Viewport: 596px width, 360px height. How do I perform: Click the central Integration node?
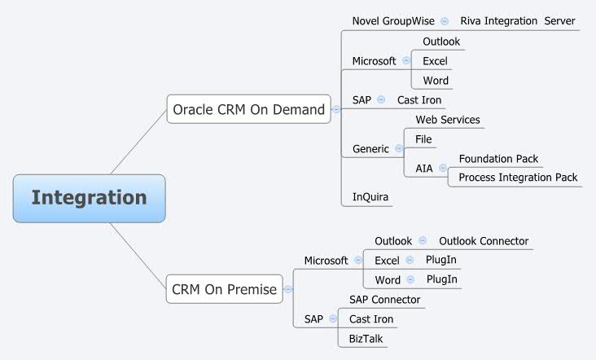(x=89, y=198)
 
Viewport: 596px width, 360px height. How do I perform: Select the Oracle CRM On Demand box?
(x=248, y=109)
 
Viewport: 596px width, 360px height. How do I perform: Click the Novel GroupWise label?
(x=393, y=20)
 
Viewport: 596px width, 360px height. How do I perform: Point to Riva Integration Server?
(x=517, y=20)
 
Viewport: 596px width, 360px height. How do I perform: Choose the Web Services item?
(x=448, y=120)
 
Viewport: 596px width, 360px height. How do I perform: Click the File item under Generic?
(x=423, y=139)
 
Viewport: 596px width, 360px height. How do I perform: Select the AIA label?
(x=424, y=169)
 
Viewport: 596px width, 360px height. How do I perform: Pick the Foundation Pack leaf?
(x=498, y=159)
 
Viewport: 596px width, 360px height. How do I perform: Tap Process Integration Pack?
(x=518, y=177)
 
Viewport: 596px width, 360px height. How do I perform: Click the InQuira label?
(x=369, y=196)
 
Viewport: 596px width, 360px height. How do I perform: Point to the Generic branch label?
(x=370, y=149)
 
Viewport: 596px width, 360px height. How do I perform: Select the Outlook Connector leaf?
(x=484, y=241)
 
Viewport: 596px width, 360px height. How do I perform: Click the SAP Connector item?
(x=384, y=300)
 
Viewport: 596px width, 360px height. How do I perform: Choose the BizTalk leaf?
(x=366, y=338)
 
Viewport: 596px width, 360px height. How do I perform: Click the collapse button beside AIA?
(x=443, y=169)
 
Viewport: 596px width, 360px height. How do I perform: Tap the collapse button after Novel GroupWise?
(x=445, y=21)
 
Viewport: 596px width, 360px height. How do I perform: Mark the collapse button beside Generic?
(x=398, y=149)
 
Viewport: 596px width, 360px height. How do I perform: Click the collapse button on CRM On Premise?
(x=288, y=289)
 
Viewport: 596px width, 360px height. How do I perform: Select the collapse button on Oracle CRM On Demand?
(x=336, y=109)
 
